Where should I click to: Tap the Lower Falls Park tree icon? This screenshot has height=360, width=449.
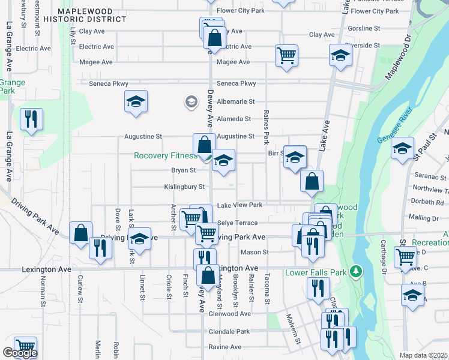(x=356, y=271)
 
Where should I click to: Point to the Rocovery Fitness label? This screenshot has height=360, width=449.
(x=165, y=156)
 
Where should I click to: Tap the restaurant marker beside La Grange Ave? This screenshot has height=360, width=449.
(x=31, y=118)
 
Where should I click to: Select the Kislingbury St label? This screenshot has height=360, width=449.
(x=184, y=187)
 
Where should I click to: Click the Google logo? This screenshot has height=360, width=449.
(x=19, y=353)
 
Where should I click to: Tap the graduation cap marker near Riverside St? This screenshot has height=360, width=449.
(x=340, y=56)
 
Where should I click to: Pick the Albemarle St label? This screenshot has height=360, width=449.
(x=236, y=102)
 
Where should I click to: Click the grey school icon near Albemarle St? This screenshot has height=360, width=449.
(x=191, y=102)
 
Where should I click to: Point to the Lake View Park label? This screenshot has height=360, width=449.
(x=240, y=205)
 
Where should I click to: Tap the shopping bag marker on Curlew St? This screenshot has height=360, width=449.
(x=80, y=233)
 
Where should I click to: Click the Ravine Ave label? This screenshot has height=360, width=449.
(x=224, y=347)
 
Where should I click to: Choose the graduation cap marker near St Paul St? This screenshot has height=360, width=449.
(x=402, y=148)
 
